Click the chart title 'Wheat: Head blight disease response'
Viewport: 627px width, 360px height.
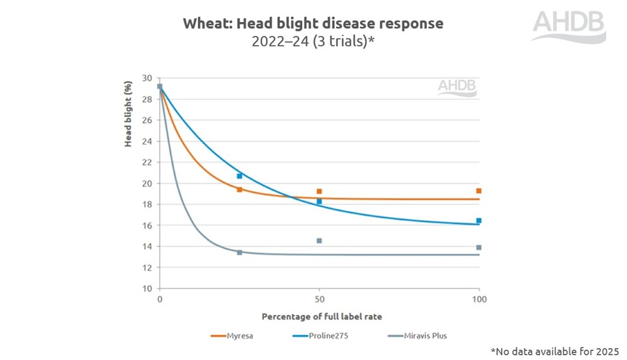(313, 24)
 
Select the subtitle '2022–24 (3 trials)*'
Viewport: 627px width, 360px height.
(313, 43)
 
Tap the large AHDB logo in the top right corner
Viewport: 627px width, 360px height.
(569, 27)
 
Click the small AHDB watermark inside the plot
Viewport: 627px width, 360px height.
(457, 87)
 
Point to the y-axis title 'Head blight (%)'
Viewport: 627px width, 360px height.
(128, 114)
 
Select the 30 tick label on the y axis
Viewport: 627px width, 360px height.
(147, 78)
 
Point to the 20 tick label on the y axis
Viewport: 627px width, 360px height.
(147, 184)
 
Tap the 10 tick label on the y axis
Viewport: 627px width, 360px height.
(147, 289)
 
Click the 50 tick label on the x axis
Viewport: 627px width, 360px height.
(320, 300)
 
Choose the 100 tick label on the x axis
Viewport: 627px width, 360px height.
(479, 300)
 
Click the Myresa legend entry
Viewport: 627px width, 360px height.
(232, 336)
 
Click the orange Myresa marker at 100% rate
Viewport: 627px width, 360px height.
(479, 191)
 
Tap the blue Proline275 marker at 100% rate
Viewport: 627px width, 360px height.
(479, 221)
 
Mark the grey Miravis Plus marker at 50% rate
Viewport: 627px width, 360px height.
(319, 241)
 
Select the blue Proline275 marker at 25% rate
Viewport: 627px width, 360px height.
(240, 176)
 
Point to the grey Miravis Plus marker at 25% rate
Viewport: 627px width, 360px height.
(240, 252)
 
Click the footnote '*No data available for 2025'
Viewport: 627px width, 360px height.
(554, 349)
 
